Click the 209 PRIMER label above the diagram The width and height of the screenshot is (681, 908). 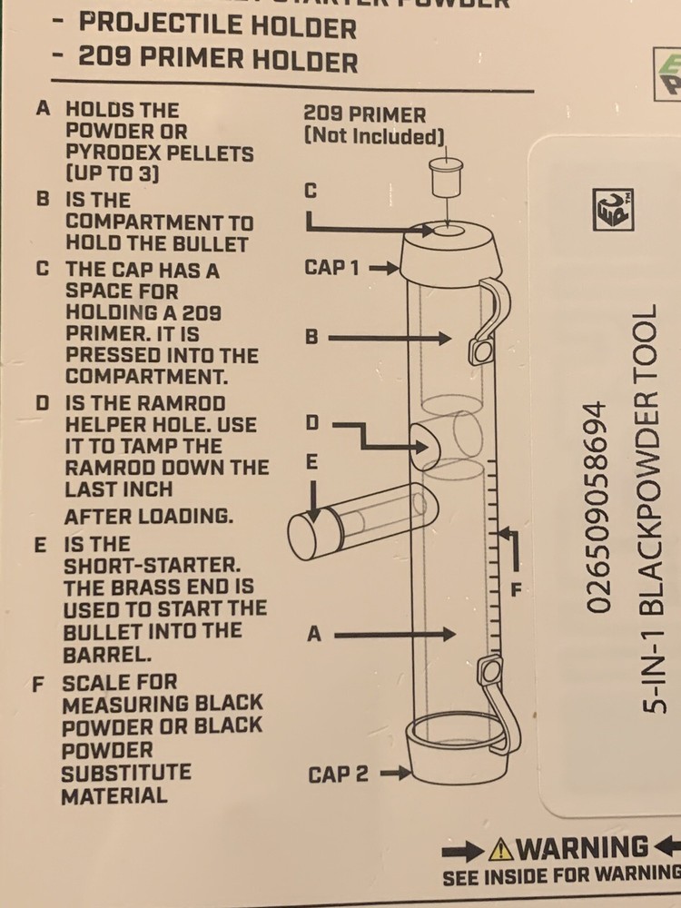tap(364, 114)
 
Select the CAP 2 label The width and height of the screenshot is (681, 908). tap(338, 775)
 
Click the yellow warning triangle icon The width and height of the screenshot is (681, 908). tap(500, 850)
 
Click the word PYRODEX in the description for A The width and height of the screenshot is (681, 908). tap(112, 153)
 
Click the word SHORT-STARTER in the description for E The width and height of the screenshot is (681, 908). tap(133, 566)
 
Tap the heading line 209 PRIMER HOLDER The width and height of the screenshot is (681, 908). tap(218, 61)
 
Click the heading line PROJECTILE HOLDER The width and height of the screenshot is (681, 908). tap(218, 26)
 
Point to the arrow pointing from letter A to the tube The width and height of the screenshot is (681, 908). tap(395, 635)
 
